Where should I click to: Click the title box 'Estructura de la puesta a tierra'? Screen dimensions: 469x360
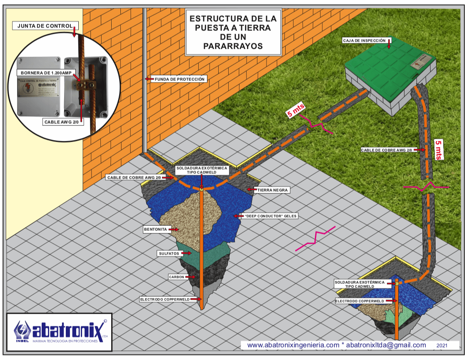coord(233,32)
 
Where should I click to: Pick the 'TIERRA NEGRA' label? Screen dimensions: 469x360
coord(272,190)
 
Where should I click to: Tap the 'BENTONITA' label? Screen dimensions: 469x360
coord(155,229)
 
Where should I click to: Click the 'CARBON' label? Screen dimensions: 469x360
coord(176,277)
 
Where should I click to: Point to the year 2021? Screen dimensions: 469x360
coord(442,345)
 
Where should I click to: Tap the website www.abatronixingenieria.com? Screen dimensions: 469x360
coord(293,345)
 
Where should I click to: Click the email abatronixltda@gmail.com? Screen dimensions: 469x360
coord(386,345)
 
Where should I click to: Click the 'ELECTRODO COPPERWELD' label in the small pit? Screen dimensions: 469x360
coord(360,300)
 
